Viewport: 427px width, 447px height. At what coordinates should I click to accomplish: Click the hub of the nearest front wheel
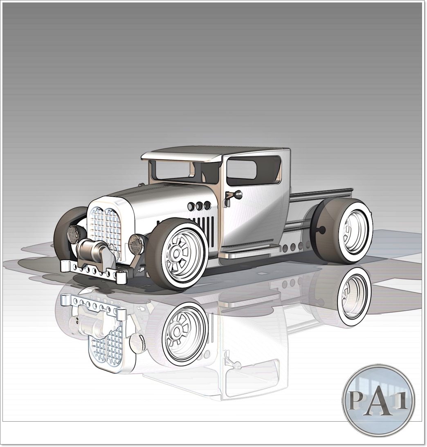point(177,254)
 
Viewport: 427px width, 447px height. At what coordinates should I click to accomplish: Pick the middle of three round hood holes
point(199,206)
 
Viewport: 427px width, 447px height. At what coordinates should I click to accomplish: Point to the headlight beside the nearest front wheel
point(136,244)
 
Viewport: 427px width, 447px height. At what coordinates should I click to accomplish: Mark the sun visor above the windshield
point(182,156)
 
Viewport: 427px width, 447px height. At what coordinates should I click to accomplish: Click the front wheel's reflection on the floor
point(184,333)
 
